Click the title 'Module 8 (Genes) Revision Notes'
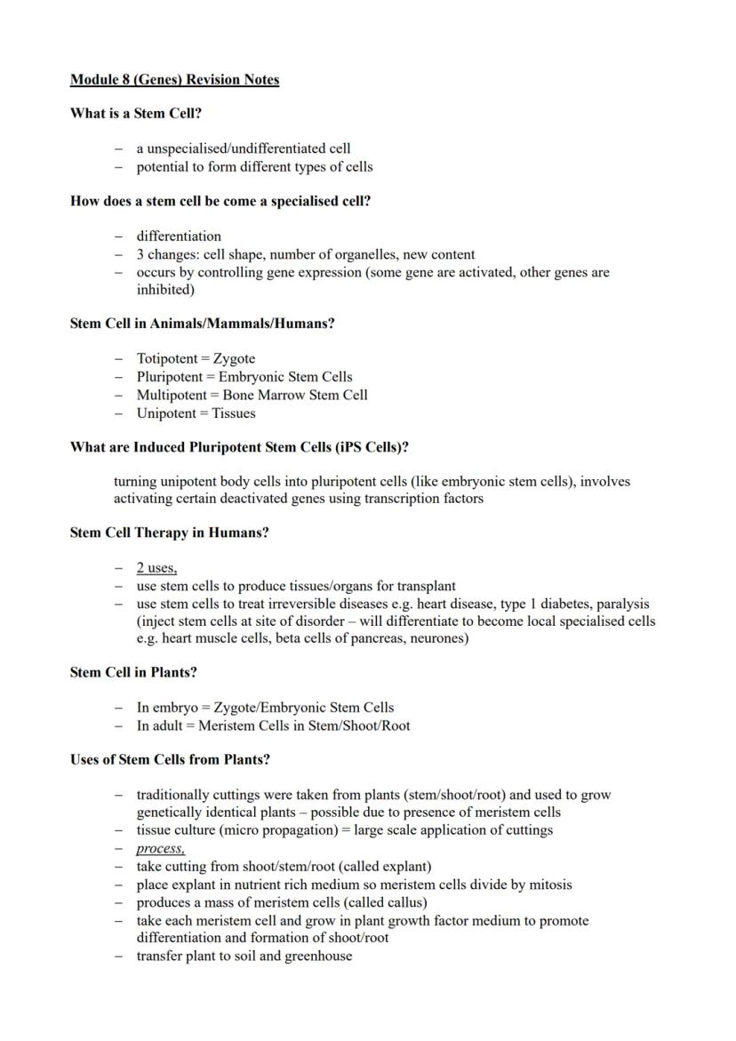point(174,80)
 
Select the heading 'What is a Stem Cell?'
point(130,114)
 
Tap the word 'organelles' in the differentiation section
point(359,254)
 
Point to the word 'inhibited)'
point(164,290)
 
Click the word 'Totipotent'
point(168,359)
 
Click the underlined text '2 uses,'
point(156,568)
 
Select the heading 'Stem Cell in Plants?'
point(133,673)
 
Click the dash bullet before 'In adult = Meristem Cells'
point(118,725)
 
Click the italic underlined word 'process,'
point(160,848)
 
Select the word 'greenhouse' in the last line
point(316,956)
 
